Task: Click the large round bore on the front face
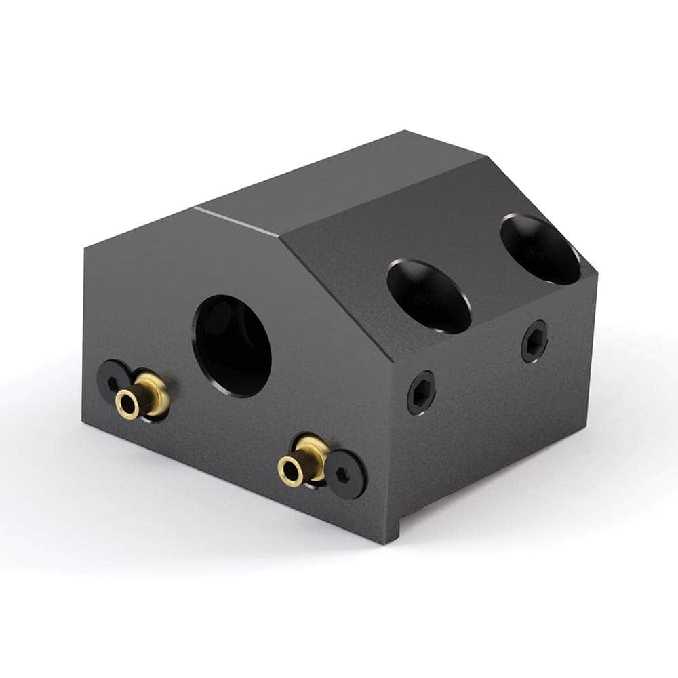coord(233,346)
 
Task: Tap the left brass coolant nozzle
coord(143,396)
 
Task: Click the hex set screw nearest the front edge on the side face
coord(421,393)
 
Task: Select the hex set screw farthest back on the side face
coord(534,341)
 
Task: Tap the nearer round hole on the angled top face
coord(429,296)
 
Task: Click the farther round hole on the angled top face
coord(540,249)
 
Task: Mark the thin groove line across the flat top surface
coord(237,221)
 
